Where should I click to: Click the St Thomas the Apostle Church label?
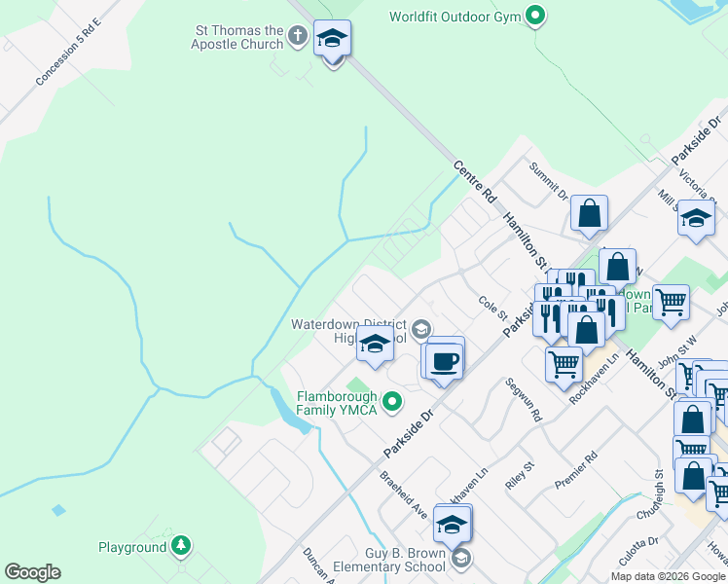tap(237, 36)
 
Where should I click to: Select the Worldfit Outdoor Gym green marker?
tap(534, 17)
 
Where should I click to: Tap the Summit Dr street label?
tap(548, 181)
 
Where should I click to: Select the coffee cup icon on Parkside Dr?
tap(445, 361)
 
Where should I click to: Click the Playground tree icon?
tap(180, 546)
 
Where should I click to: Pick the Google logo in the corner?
tap(32, 572)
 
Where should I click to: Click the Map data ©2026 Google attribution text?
tap(669, 576)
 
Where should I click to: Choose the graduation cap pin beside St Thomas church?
tap(332, 40)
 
